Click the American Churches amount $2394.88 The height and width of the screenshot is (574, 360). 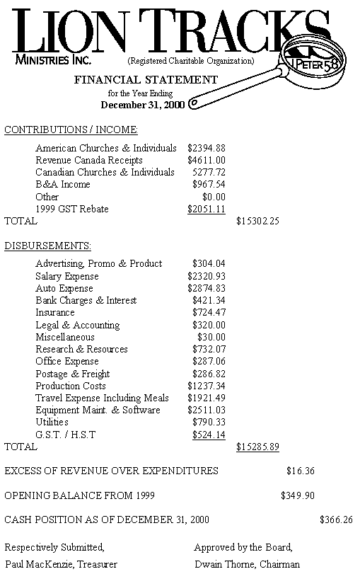pos(207,148)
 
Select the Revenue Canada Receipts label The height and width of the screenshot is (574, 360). pos(89,160)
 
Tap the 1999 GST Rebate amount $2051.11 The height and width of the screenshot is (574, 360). pos(207,209)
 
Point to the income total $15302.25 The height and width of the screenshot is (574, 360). pos(257,221)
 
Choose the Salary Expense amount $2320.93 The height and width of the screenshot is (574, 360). pos(207,276)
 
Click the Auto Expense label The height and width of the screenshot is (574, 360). pos(64,288)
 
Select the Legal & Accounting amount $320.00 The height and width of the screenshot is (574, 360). pos(209,325)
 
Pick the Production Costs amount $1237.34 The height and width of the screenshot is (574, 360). pos(207,386)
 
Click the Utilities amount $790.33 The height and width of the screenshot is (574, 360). pos(209,422)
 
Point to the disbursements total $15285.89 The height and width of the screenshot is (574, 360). pos(257,447)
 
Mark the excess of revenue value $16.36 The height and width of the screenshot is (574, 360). pos(301,471)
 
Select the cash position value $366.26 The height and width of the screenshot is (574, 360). pos(336,520)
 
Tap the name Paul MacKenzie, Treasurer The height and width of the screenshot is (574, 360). pos(52,564)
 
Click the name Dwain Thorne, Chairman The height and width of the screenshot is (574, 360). pos(239,564)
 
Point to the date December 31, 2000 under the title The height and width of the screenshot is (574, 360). pos(143,105)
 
